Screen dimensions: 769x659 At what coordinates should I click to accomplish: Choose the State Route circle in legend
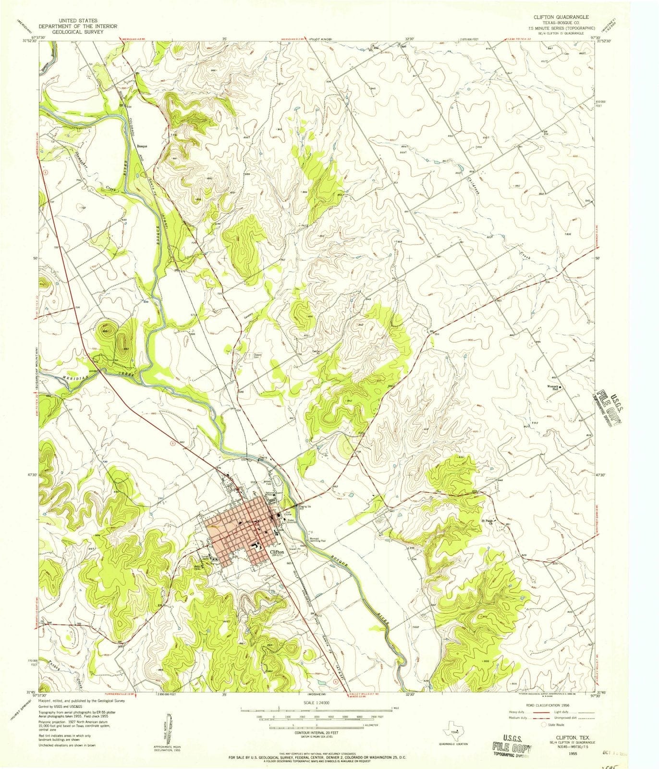pos(545,724)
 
